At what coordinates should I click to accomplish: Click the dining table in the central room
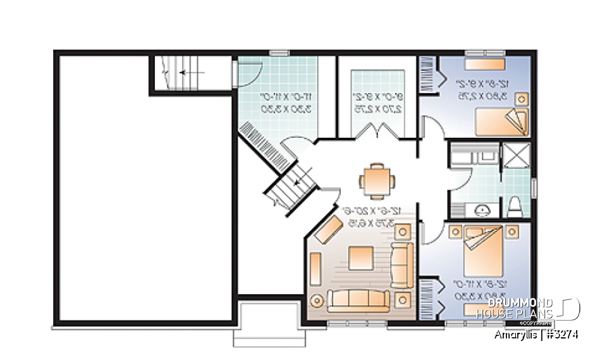377,179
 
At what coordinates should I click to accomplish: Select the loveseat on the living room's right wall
402,263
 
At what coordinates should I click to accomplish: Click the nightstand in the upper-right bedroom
522,99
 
